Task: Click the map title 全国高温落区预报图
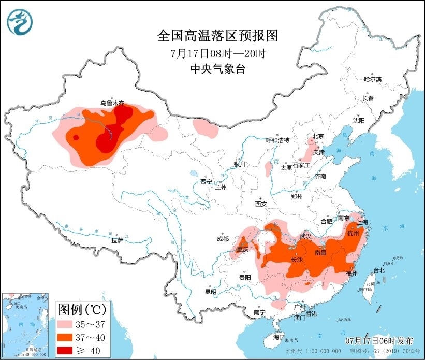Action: tap(217, 36)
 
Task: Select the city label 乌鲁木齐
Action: tap(112, 104)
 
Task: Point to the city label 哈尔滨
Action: tap(372, 79)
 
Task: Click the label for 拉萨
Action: tap(117, 240)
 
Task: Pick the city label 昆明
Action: tap(210, 291)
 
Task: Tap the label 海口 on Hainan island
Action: tap(279, 337)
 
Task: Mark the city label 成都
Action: tap(223, 239)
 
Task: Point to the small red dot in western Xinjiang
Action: tap(76, 137)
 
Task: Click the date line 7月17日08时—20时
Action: tap(217, 53)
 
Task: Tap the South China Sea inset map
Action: tap(26, 325)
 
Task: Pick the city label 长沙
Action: tap(297, 260)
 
